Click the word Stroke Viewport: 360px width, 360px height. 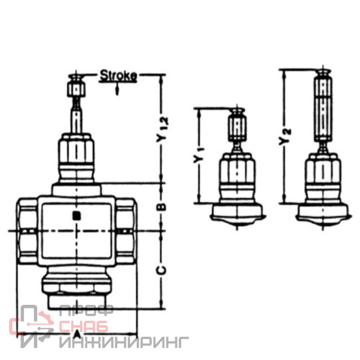[x=118, y=76]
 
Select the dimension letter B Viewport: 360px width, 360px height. [x=162, y=207]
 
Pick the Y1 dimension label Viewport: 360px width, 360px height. [x=199, y=156]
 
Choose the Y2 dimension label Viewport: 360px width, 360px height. [x=284, y=137]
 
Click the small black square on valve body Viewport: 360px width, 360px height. [x=76, y=216]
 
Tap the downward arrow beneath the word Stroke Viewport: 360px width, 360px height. [x=118, y=88]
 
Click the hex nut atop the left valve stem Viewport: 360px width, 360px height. [x=76, y=89]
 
